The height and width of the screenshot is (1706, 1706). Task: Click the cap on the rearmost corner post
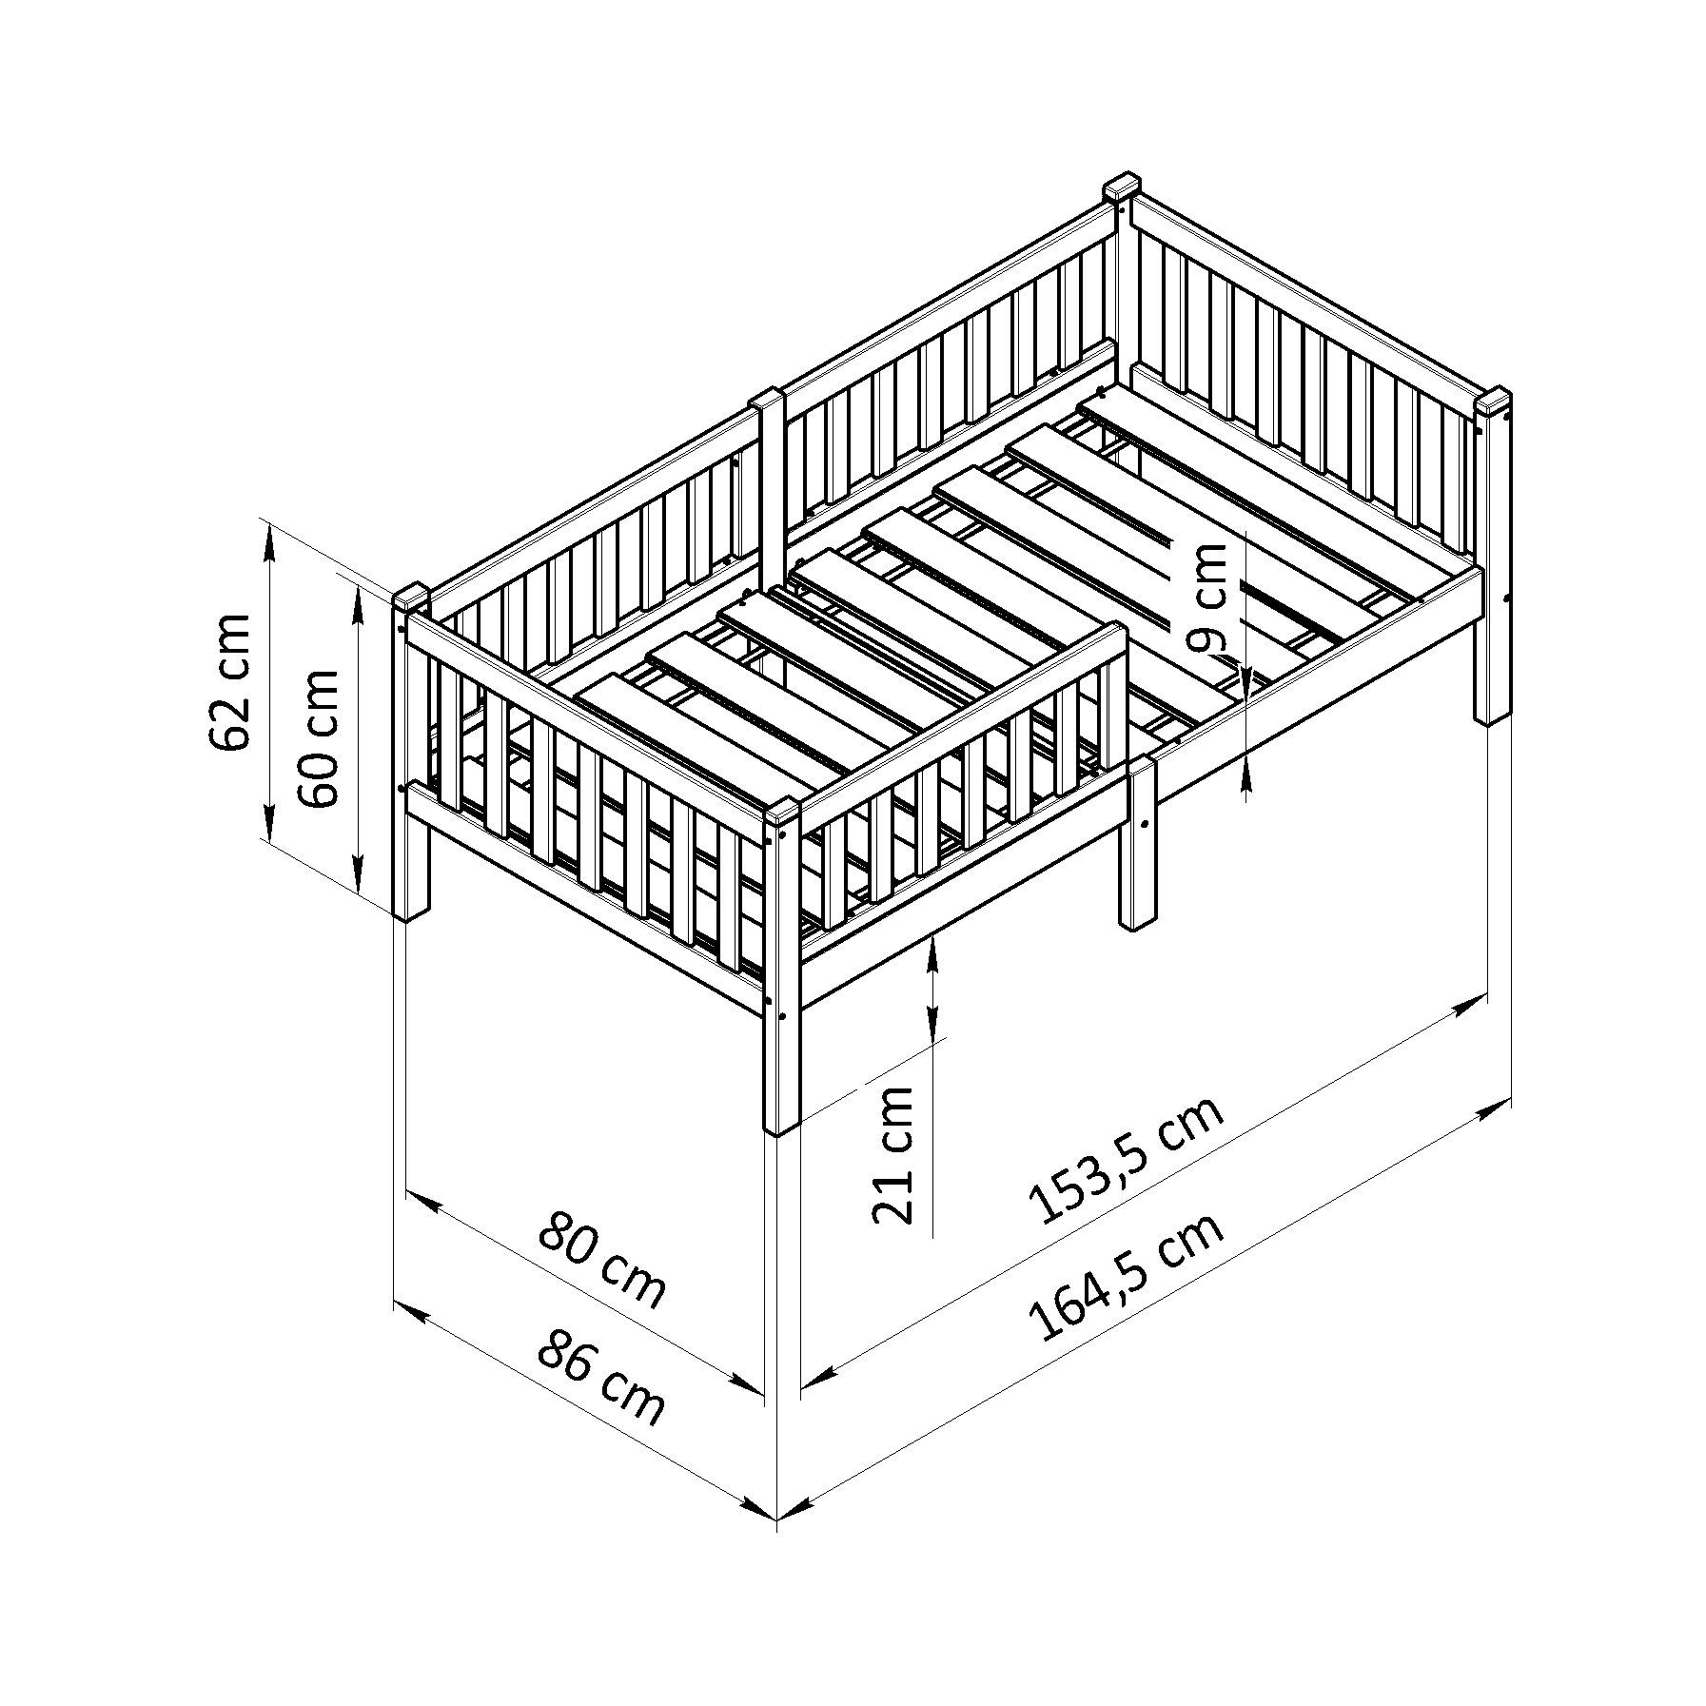point(1123,186)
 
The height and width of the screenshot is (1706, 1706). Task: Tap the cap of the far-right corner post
point(1494,400)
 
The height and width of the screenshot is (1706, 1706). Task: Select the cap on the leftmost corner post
point(412,598)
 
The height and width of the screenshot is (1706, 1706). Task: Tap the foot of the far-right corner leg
point(1493,717)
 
